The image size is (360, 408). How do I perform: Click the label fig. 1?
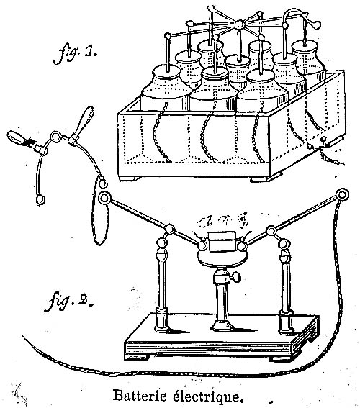[x=75, y=54]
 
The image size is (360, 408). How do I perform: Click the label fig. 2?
[x=70, y=302]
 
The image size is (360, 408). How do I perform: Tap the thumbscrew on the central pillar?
[x=236, y=277]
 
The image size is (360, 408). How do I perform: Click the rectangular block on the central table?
[x=222, y=242]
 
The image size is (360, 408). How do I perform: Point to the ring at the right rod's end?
[x=341, y=194]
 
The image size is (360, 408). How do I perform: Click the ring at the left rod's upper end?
[x=104, y=199]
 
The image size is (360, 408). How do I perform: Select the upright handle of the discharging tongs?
[x=86, y=119]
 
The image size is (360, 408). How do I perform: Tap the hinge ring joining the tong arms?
[x=55, y=136]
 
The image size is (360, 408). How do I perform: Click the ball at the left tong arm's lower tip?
[x=40, y=199]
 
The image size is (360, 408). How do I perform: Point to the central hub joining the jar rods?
[x=240, y=25]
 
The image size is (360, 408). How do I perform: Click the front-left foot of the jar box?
[x=130, y=178]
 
